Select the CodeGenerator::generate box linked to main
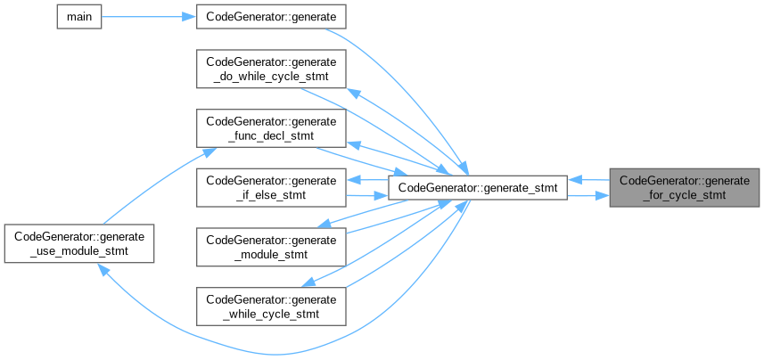[x=271, y=17]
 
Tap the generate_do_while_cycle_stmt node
[x=271, y=69]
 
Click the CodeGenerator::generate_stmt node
[x=478, y=187]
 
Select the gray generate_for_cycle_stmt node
[x=684, y=187]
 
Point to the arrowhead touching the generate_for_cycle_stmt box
[x=604, y=194]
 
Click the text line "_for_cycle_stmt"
[x=684, y=195]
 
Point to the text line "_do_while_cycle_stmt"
[x=271, y=77]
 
